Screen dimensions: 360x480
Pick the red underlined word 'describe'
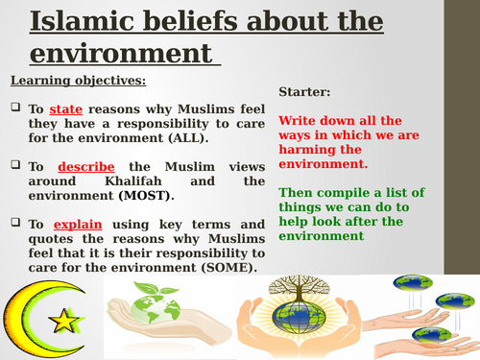pos(83,165)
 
